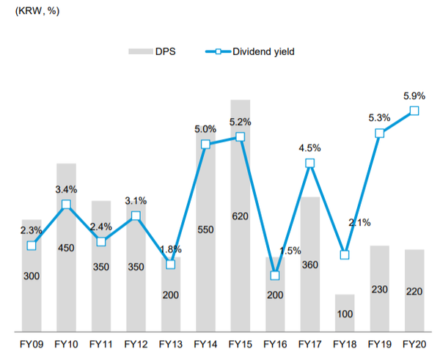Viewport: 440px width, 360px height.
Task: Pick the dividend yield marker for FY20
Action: (x=414, y=111)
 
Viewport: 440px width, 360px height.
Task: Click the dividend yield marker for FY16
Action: (x=275, y=276)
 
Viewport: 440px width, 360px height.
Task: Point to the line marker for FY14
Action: (x=205, y=144)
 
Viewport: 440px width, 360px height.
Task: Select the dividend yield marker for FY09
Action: (x=32, y=245)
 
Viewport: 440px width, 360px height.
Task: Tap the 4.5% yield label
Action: (x=309, y=147)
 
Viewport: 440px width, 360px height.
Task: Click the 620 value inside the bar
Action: (x=240, y=217)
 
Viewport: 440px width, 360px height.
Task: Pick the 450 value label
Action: (x=66, y=248)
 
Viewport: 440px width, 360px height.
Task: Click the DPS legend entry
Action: (x=155, y=51)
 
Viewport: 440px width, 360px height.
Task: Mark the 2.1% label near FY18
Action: (x=359, y=223)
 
